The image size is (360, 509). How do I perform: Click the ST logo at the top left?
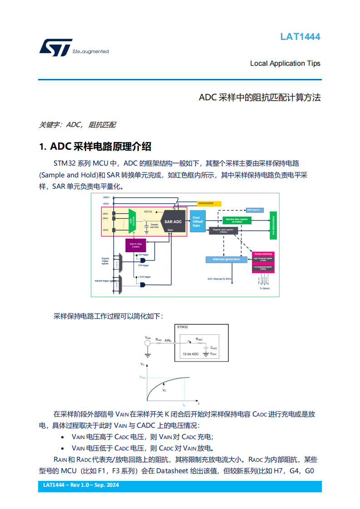55,48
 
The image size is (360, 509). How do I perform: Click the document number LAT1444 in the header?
300,37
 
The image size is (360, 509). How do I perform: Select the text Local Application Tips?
285,64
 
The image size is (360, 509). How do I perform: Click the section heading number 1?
43,147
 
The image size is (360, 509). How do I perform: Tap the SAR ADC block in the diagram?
173,222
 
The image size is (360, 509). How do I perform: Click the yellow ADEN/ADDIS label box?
209,203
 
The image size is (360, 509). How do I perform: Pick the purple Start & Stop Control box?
136,245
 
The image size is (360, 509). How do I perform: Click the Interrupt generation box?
226,259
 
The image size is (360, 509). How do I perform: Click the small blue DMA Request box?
253,210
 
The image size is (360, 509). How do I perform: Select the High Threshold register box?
263,259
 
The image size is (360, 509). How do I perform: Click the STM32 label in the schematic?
182,327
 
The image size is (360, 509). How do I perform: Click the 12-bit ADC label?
191,354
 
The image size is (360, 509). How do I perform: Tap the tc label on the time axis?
184,404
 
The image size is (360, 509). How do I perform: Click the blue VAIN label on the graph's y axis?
142,377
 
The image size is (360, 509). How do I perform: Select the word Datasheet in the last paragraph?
169,471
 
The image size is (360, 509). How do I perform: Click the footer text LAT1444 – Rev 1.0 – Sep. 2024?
81,485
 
